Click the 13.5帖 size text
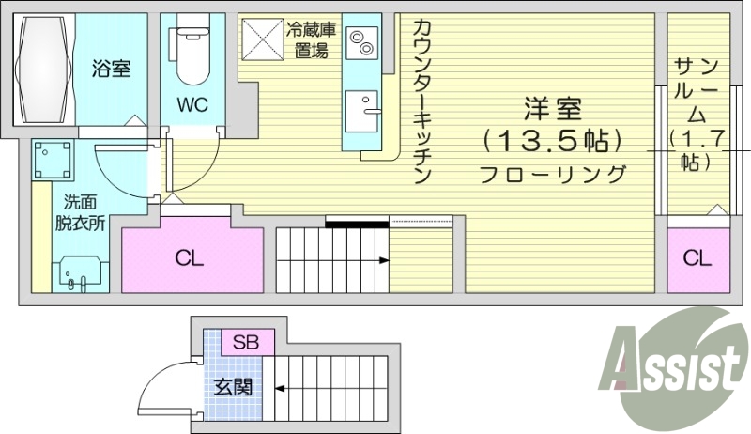(x=554, y=141)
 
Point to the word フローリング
(x=554, y=174)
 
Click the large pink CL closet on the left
(x=192, y=258)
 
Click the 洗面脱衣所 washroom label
(x=80, y=212)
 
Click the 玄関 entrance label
(x=232, y=386)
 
